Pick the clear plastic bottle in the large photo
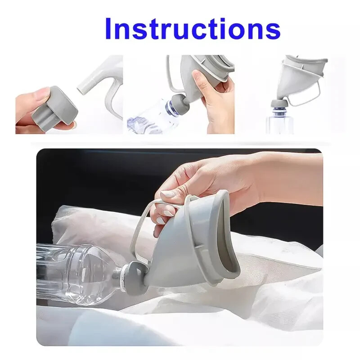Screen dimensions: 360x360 (x=76, y=270)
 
